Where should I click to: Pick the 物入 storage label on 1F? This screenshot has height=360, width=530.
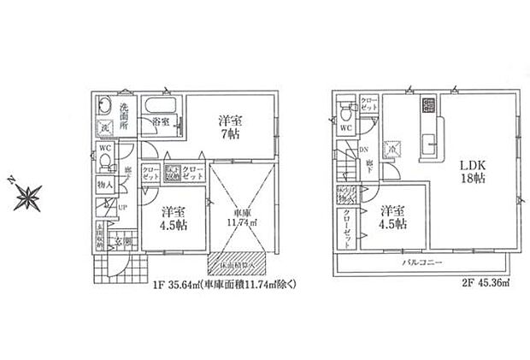click(x=103, y=184)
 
